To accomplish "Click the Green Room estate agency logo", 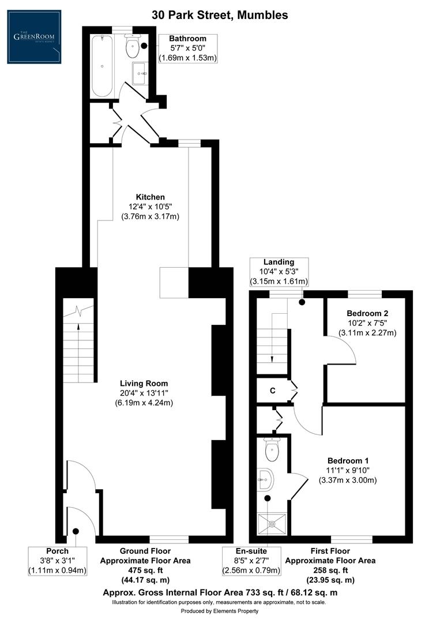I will coord(34,37).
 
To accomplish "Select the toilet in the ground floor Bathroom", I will coord(133,49).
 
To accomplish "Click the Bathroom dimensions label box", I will coord(187,48).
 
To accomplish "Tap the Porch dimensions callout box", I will coord(57,561).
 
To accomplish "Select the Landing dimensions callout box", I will coord(279,272).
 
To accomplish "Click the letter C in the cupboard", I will coord(273,391).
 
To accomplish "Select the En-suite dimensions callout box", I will coord(252,561).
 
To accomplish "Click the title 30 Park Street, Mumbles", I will coord(220,15).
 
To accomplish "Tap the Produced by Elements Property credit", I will coord(220,611).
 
